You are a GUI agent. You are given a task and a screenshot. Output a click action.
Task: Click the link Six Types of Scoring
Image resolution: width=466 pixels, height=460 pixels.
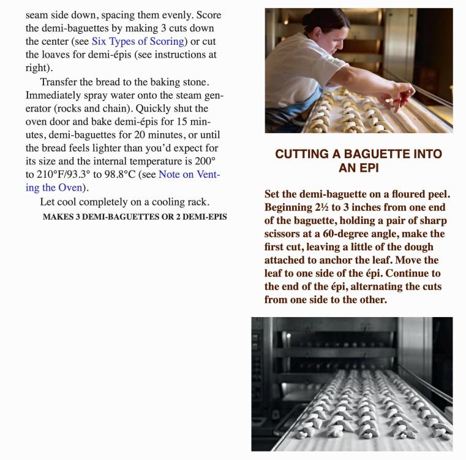click(x=138, y=42)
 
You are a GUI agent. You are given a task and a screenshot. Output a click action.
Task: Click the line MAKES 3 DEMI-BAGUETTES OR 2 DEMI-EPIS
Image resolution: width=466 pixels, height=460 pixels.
click(x=135, y=217)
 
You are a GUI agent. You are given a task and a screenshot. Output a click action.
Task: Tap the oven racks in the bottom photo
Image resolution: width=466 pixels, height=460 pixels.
click(x=343, y=343)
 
